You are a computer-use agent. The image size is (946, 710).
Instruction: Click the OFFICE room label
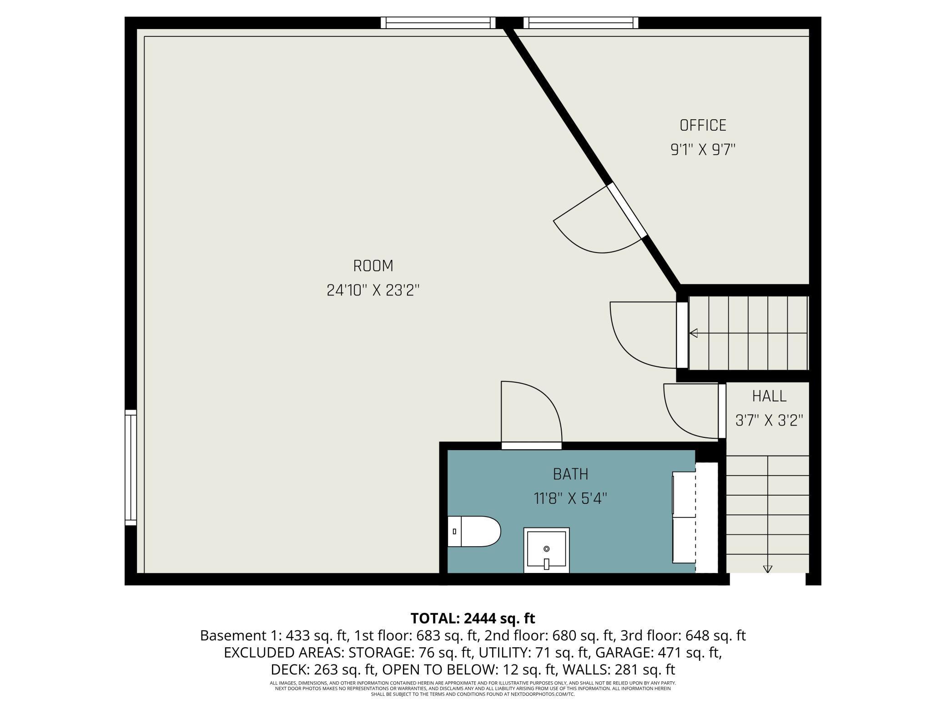(703, 125)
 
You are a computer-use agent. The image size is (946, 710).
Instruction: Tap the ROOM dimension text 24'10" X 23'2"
(373, 290)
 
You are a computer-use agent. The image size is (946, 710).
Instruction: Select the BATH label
(570, 474)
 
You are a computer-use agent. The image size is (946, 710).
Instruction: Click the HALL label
(769, 396)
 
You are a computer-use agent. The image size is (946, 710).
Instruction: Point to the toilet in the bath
(474, 531)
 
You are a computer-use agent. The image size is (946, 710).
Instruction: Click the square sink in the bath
(546, 550)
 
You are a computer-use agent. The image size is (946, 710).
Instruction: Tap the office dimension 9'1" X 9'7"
(703, 149)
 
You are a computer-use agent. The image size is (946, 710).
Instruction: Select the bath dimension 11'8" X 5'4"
(570, 498)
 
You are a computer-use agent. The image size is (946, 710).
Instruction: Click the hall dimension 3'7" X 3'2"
(769, 420)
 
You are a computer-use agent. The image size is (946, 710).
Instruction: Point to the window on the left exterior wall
(131, 467)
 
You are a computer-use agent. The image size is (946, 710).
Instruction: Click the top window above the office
(581, 23)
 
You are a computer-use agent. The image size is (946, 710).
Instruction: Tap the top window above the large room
(438, 23)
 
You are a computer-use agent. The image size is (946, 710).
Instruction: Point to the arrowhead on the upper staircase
(694, 333)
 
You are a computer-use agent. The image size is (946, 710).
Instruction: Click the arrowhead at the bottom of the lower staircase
(768, 569)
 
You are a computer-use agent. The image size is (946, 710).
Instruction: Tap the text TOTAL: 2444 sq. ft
(473, 619)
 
